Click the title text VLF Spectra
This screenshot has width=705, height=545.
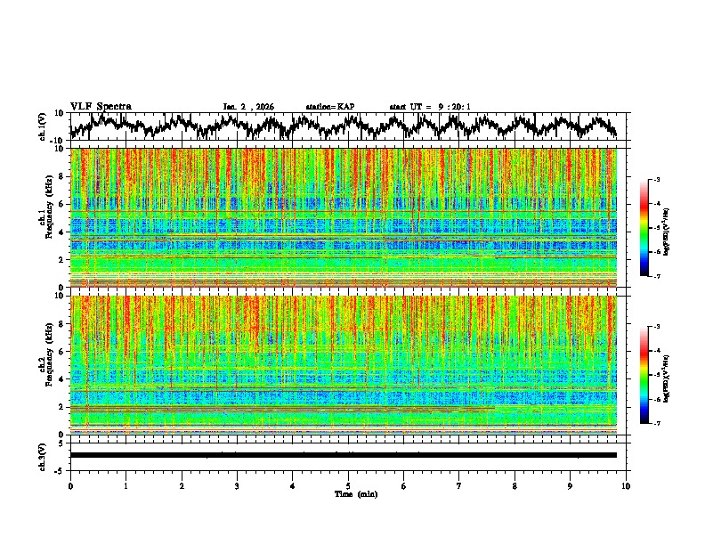coord(101,106)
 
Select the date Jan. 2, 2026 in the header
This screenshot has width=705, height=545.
coord(248,107)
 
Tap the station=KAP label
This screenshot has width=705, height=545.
coord(329,107)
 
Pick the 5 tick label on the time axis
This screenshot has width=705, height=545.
coord(348,485)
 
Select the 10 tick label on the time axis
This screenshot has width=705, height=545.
coord(626,485)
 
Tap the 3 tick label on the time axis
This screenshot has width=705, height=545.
coord(237,485)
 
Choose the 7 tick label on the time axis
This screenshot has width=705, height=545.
coord(459,485)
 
